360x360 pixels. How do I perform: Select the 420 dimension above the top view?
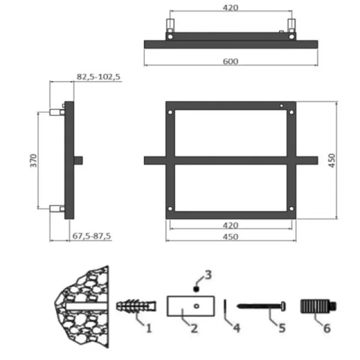230,8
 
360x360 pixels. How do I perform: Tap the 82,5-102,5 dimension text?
98,76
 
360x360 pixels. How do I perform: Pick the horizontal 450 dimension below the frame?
230,237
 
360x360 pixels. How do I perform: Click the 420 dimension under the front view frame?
230,225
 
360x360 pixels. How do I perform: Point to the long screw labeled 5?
262,306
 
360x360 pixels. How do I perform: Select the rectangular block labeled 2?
190,306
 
